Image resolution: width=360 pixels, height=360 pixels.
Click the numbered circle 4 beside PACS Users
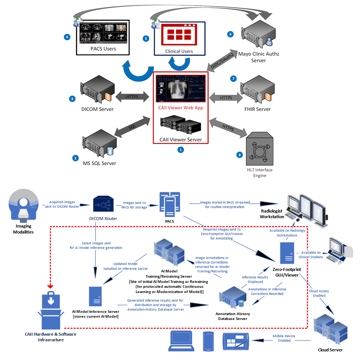pos(67,37)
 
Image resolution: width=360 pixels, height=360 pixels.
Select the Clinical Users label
pos(179,51)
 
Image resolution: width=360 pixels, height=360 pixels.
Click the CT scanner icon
pos(23,204)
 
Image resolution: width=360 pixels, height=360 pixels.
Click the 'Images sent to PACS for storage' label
pos(134,205)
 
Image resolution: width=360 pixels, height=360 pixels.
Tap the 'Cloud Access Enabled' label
pos(319,293)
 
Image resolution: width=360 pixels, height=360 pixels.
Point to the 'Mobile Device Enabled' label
pos(284,338)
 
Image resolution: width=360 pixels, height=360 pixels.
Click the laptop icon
pos(181,341)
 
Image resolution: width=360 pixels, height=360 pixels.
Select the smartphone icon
pos(208,341)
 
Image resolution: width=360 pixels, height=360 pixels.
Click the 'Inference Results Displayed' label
pos(255,280)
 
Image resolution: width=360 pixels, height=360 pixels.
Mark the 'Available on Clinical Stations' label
pos(311,254)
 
